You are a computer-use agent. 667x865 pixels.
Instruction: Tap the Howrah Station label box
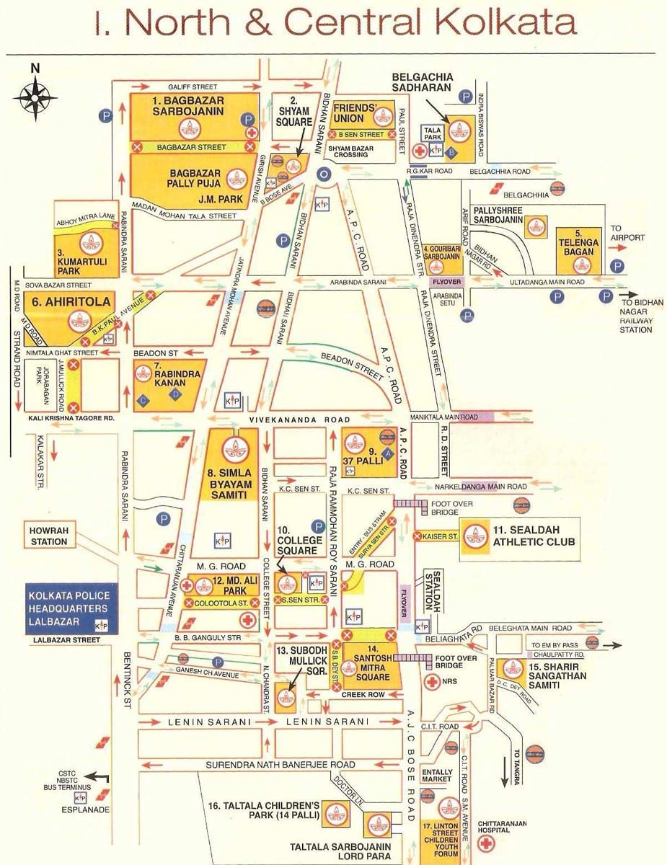point(49,536)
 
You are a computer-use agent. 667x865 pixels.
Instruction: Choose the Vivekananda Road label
point(300,420)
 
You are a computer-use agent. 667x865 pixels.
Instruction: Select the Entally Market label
point(437,775)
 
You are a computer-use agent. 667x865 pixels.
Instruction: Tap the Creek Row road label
point(363,693)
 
